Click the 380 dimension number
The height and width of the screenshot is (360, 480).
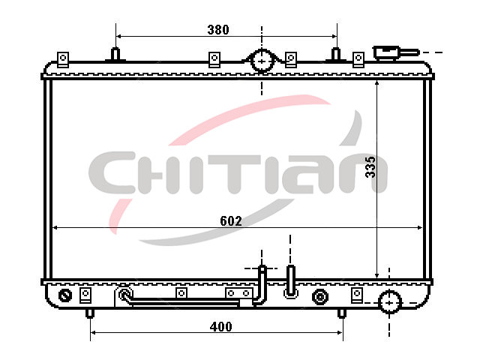[218, 30]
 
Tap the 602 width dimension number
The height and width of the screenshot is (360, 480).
[231, 220]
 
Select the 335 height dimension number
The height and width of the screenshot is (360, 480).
[370, 166]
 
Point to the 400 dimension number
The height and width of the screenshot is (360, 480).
[220, 327]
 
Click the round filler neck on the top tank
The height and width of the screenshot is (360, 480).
[262, 61]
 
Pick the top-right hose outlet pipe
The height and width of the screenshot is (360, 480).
[395, 52]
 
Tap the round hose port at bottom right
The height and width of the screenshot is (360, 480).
[390, 302]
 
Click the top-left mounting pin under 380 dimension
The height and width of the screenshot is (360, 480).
[115, 54]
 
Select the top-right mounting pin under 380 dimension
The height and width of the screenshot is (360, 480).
[336, 54]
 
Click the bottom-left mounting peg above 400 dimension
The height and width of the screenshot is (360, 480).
[90, 313]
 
